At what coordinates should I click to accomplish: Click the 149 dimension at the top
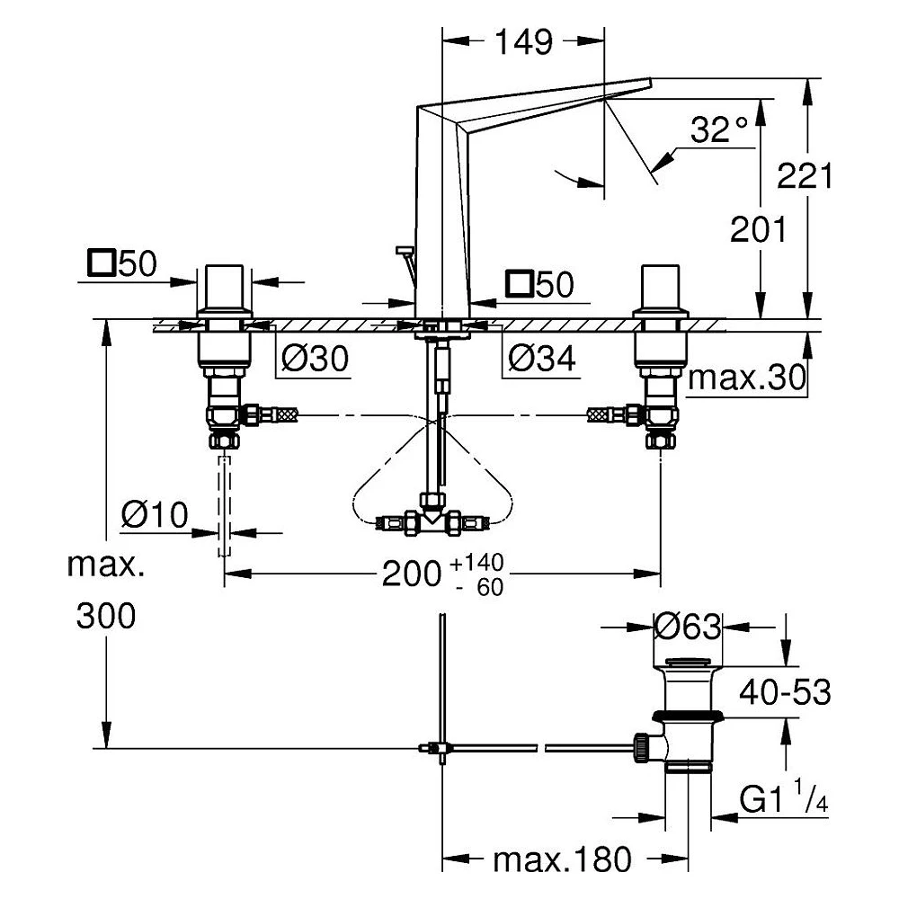click(523, 42)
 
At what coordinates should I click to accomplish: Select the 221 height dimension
click(805, 175)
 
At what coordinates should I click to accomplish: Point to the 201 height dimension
click(758, 229)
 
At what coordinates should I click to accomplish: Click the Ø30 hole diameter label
click(315, 359)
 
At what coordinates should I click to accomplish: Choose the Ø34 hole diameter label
click(542, 359)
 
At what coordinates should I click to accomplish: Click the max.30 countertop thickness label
click(746, 378)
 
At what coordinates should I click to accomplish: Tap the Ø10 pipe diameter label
click(155, 514)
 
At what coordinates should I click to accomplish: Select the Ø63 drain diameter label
click(688, 627)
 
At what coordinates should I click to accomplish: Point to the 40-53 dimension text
click(785, 692)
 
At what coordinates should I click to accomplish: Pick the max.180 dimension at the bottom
click(562, 859)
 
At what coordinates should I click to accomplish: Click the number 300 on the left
click(106, 616)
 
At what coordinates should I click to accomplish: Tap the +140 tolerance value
click(477, 563)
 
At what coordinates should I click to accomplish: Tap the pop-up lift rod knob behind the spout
click(405, 250)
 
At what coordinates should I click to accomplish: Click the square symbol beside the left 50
click(102, 263)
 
